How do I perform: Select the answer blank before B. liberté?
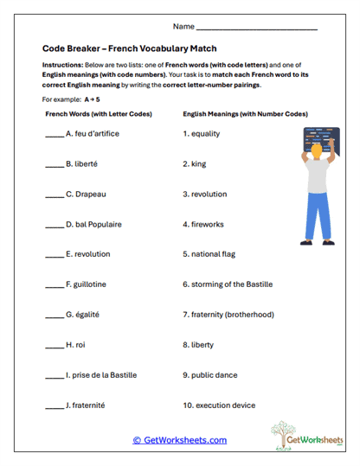53,164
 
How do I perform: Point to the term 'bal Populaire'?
98,225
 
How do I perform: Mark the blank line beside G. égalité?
53,315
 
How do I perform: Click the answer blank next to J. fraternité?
53,405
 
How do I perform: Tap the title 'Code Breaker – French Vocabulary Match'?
129,49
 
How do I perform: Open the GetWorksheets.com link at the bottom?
179,440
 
